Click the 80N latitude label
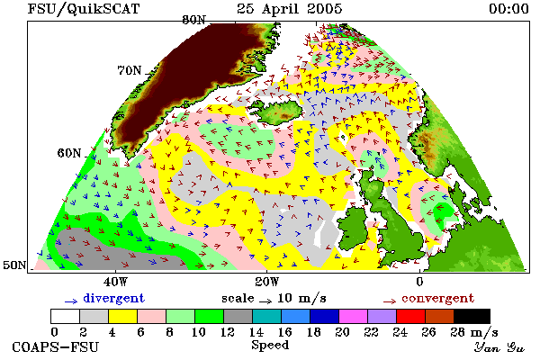(x=193, y=20)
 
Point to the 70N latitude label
(x=130, y=70)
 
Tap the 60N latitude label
(x=69, y=153)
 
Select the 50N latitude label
(x=14, y=265)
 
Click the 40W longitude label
(x=116, y=282)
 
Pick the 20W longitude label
(x=267, y=282)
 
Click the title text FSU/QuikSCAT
(x=84, y=9)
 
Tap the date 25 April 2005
(x=289, y=9)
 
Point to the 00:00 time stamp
(x=509, y=9)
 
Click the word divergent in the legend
(x=113, y=298)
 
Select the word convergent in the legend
(x=437, y=298)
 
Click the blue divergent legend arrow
(x=71, y=301)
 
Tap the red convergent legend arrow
(x=390, y=301)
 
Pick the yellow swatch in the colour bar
(x=123, y=316)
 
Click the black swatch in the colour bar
(x=472, y=316)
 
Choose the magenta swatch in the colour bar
(x=354, y=316)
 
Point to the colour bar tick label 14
(x=256, y=332)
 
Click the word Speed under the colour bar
(x=270, y=346)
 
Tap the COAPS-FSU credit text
(x=56, y=346)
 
